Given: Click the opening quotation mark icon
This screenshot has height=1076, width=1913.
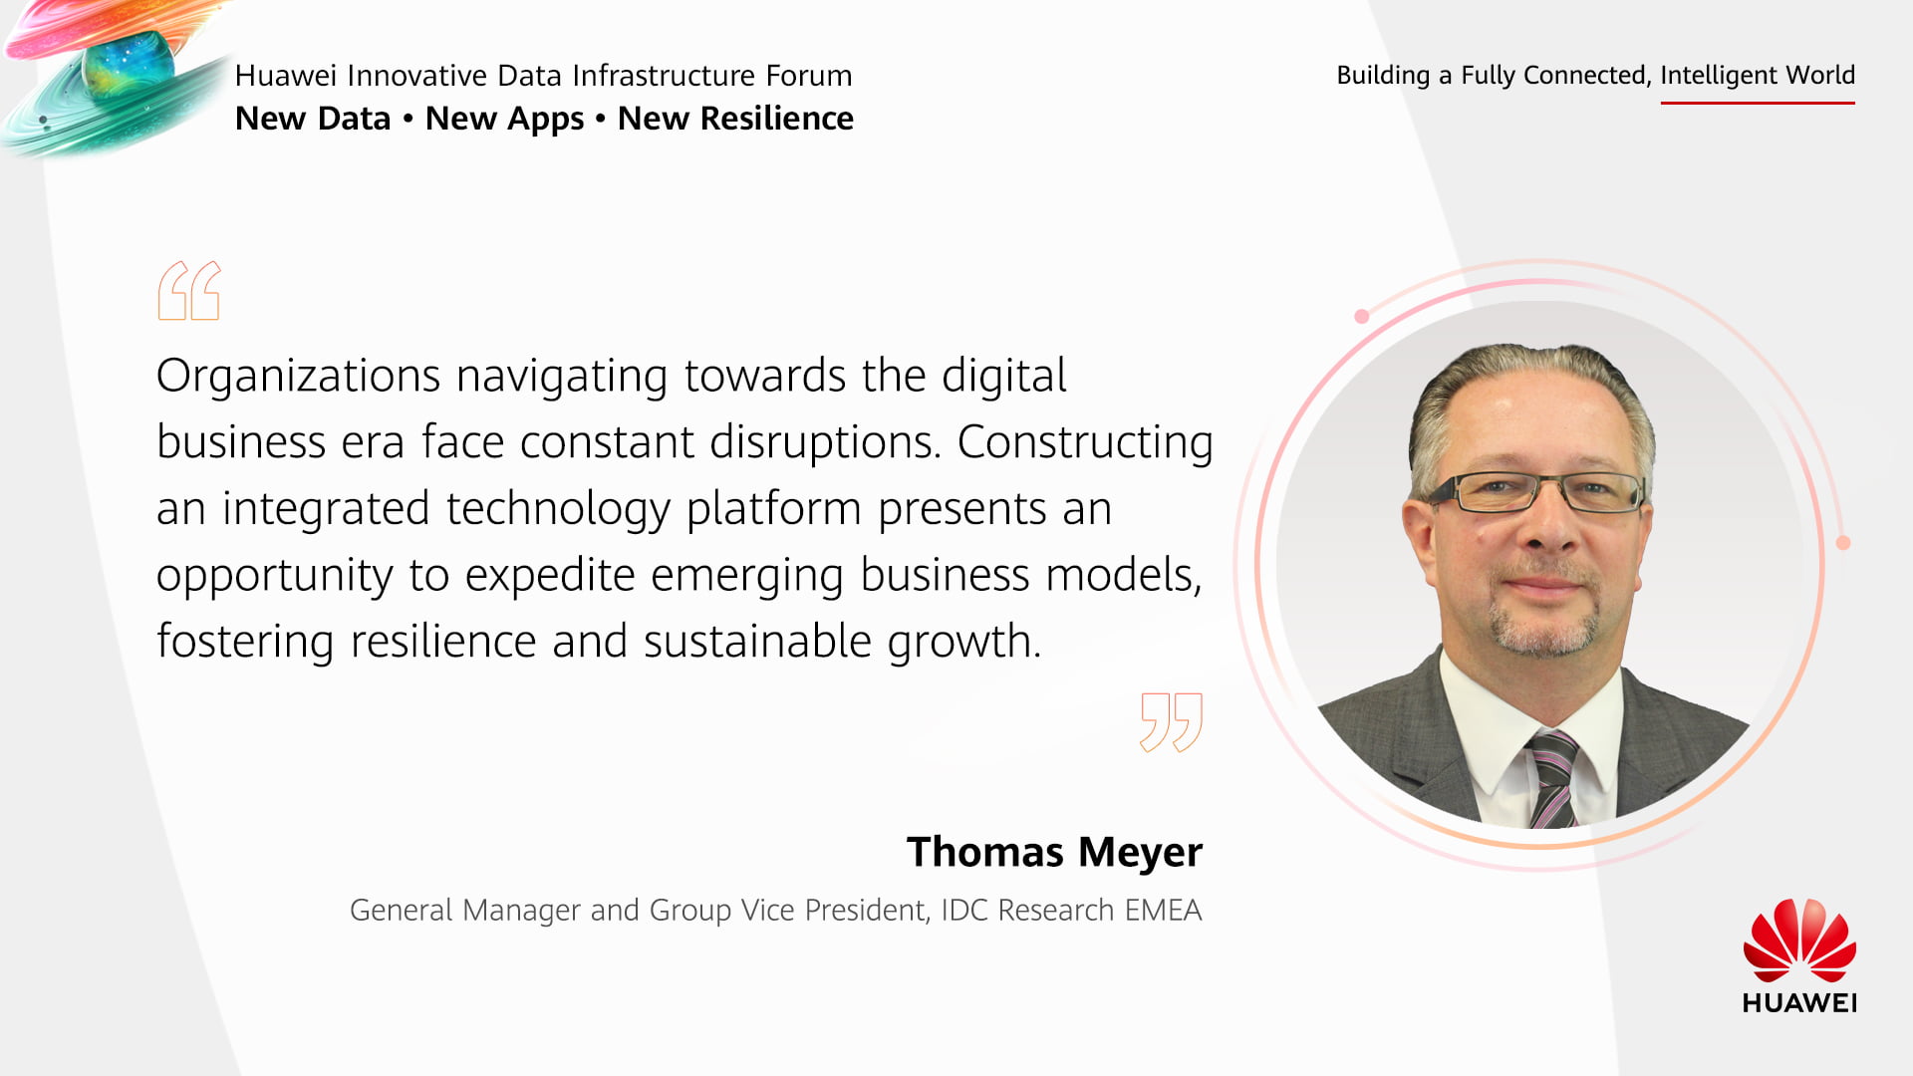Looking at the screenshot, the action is [x=189, y=290].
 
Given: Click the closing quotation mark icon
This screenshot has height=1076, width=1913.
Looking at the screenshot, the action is [x=1172, y=722].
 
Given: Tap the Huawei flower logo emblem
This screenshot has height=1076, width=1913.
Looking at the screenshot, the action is [x=1799, y=941].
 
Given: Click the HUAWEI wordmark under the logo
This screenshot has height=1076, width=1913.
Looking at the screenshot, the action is [x=1799, y=1002].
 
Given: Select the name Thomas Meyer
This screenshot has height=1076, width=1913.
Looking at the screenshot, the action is [x=1054, y=852].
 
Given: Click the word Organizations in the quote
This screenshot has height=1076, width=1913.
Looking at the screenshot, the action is [x=299, y=377].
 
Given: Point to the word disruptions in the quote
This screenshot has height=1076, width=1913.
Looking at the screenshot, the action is [x=825, y=442].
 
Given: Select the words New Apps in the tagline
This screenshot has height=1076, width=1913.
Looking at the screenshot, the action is [x=504, y=120].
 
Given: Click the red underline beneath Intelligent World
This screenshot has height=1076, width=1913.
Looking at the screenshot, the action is [x=1758, y=102].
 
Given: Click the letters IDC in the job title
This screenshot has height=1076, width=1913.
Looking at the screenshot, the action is [x=964, y=911].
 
